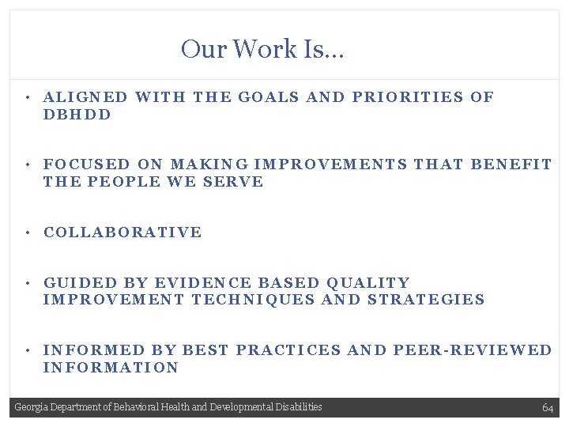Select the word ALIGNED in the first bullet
pos(85,97)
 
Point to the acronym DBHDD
pos(77,115)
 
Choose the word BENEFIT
pos(511,164)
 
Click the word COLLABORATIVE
pos(122,232)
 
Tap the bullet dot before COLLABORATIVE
pos(27,232)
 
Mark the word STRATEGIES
pos(427,300)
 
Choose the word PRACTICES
pos(289,350)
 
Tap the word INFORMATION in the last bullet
pos(111,368)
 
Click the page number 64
pos(548,407)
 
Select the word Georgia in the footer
pos(30,407)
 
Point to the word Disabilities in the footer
pos(299,407)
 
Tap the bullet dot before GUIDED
pos(27,283)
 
